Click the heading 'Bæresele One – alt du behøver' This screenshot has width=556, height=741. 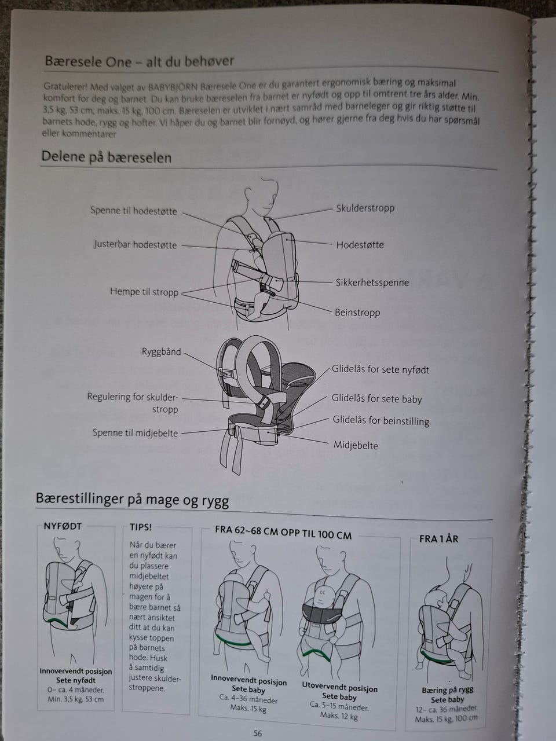(x=140, y=62)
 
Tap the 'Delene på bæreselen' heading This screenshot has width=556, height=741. (x=107, y=157)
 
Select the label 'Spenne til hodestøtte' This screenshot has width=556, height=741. (x=133, y=211)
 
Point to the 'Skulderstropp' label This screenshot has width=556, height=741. (x=365, y=208)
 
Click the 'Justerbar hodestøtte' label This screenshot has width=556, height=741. (x=136, y=244)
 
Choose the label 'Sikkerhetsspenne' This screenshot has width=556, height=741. (x=372, y=283)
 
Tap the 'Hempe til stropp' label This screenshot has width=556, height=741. (x=144, y=292)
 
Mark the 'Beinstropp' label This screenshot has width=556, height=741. (x=357, y=313)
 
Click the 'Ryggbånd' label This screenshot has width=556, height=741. (x=162, y=352)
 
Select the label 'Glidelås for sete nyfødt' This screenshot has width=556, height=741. (x=381, y=370)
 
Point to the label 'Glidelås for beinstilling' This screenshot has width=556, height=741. (x=381, y=421)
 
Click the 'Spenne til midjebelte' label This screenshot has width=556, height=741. (x=135, y=433)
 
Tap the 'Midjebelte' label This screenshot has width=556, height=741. (x=356, y=445)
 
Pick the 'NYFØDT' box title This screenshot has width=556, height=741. (x=63, y=526)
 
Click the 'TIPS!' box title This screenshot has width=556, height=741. (x=141, y=527)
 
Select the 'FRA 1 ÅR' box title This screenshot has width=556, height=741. (x=439, y=539)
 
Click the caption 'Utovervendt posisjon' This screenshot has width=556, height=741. (x=339, y=687)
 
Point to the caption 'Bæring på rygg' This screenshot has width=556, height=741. (x=448, y=690)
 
